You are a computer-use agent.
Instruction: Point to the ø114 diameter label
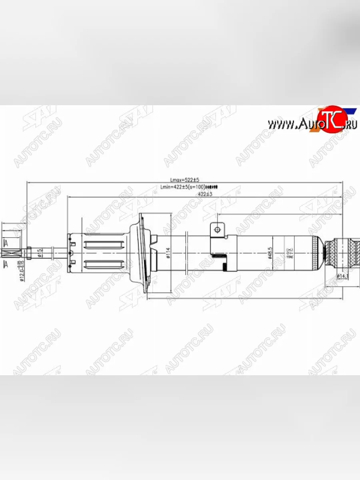(168, 253)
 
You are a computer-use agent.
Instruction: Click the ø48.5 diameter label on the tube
(271, 254)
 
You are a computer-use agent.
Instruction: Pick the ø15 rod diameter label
(39, 253)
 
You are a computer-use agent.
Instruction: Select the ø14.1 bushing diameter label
(342, 276)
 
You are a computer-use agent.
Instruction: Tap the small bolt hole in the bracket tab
(217, 230)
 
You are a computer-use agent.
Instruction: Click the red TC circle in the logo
(332, 119)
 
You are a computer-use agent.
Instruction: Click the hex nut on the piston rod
(29, 253)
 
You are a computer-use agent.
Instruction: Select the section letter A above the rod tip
(6, 243)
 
